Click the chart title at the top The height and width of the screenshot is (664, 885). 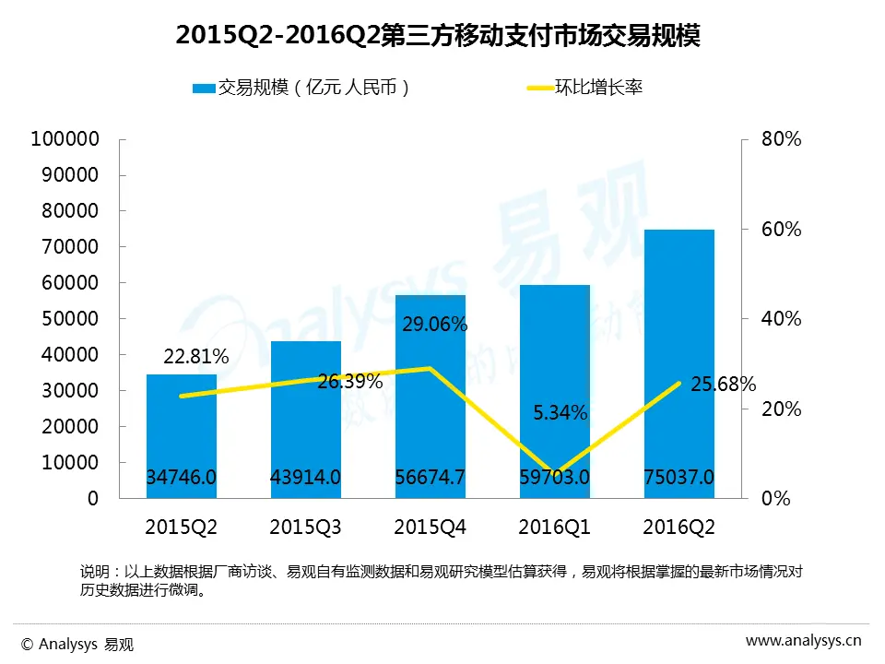click(x=438, y=35)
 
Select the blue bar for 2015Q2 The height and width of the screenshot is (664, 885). click(x=181, y=433)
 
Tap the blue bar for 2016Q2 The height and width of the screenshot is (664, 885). click(x=678, y=360)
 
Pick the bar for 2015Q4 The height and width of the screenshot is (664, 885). click(x=430, y=397)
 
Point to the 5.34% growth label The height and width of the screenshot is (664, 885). click(x=560, y=413)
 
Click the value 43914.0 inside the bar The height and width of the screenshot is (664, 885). click(x=305, y=478)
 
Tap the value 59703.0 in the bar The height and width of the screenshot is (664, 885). click(x=554, y=478)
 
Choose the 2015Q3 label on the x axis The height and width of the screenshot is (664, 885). click(x=305, y=528)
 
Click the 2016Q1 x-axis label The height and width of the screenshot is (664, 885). click(x=554, y=528)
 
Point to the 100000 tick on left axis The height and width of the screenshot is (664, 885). click(x=65, y=139)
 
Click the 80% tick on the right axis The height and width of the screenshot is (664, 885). click(x=781, y=139)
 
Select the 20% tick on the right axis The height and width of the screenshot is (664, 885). click(x=781, y=409)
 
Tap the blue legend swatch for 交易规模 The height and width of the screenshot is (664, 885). click(x=203, y=89)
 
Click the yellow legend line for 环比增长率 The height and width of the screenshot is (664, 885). click(x=538, y=89)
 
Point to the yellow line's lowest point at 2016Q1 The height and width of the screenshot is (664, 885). click(x=554, y=474)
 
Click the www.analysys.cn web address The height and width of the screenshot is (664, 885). click(x=803, y=641)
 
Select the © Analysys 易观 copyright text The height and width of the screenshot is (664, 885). click(x=77, y=644)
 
